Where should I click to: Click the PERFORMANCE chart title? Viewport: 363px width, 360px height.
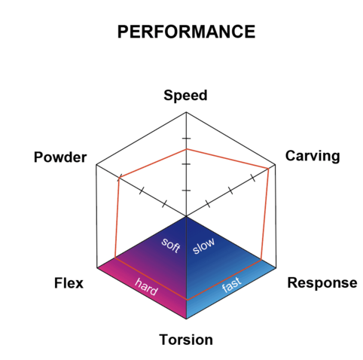pyautogui.click(x=186, y=32)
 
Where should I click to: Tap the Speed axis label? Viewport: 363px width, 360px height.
pyautogui.click(x=185, y=96)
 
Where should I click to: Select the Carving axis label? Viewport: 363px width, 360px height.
pyautogui.click(x=313, y=156)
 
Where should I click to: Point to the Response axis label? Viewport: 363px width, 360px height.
pyautogui.click(x=322, y=283)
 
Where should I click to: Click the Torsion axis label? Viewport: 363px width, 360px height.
pyautogui.click(x=186, y=340)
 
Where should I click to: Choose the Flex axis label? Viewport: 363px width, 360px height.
pyautogui.click(x=69, y=283)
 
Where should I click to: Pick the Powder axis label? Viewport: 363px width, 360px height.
pyautogui.click(x=60, y=157)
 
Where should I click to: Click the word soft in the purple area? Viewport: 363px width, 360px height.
pyautogui.click(x=171, y=245)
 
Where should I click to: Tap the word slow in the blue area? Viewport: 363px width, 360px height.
pyautogui.click(x=203, y=246)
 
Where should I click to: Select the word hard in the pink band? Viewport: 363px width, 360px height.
pyautogui.click(x=146, y=287)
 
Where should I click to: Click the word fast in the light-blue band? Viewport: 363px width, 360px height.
pyautogui.click(x=231, y=285)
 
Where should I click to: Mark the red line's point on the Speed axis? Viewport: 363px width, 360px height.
pyautogui.click(x=186, y=149)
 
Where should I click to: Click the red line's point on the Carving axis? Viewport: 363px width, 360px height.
pyautogui.click(x=268, y=169)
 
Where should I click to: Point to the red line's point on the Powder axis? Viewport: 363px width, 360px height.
pyautogui.click(x=119, y=178)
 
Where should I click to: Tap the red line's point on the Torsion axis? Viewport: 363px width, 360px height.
pyautogui.click(x=187, y=300)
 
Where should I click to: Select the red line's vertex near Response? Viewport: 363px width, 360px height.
pyautogui.click(x=261, y=260)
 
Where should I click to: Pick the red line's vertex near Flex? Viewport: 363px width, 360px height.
pyautogui.click(x=115, y=258)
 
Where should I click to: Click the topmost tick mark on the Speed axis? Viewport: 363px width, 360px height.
pyautogui.click(x=186, y=139)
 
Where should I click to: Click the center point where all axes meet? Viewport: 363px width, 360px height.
pyautogui.click(x=186, y=216)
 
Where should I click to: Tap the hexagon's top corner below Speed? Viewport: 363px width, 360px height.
pyautogui.click(x=186, y=112)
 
